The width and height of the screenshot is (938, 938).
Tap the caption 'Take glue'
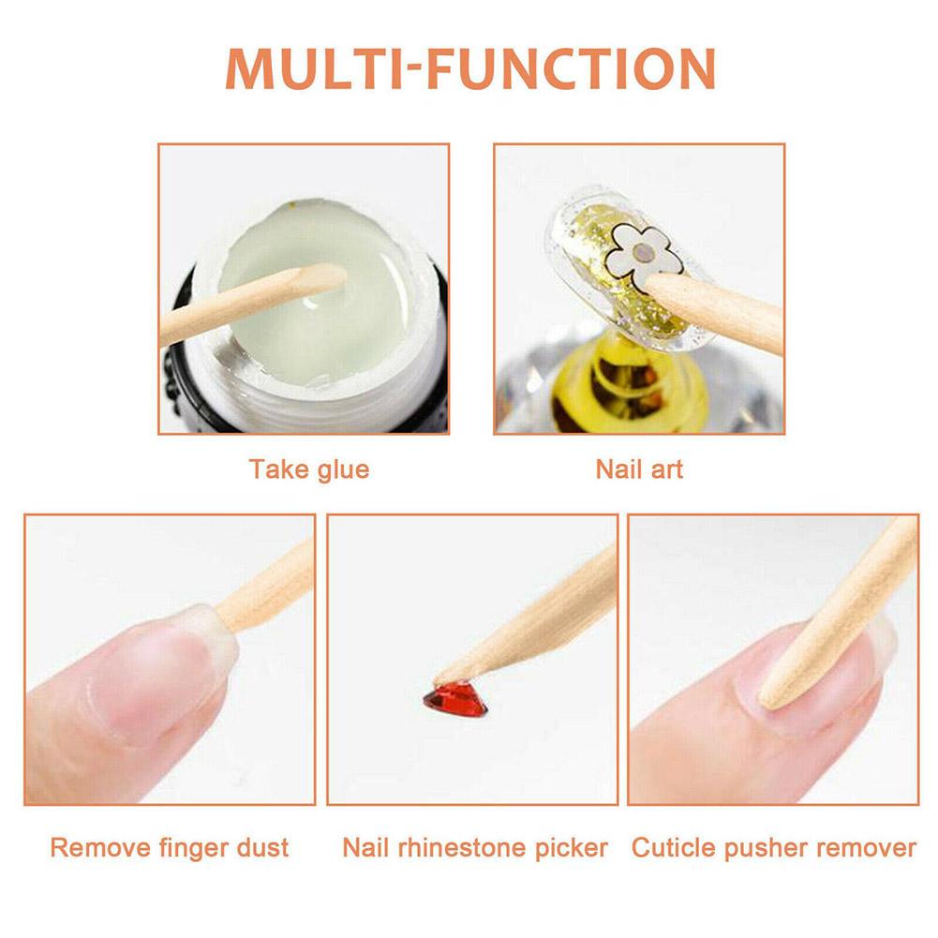(309, 469)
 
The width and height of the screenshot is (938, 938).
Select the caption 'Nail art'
(639, 469)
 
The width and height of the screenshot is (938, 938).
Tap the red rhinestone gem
(455, 698)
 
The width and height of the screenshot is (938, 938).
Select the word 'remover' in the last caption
(867, 849)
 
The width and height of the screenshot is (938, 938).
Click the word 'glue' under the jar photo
(341, 469)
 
